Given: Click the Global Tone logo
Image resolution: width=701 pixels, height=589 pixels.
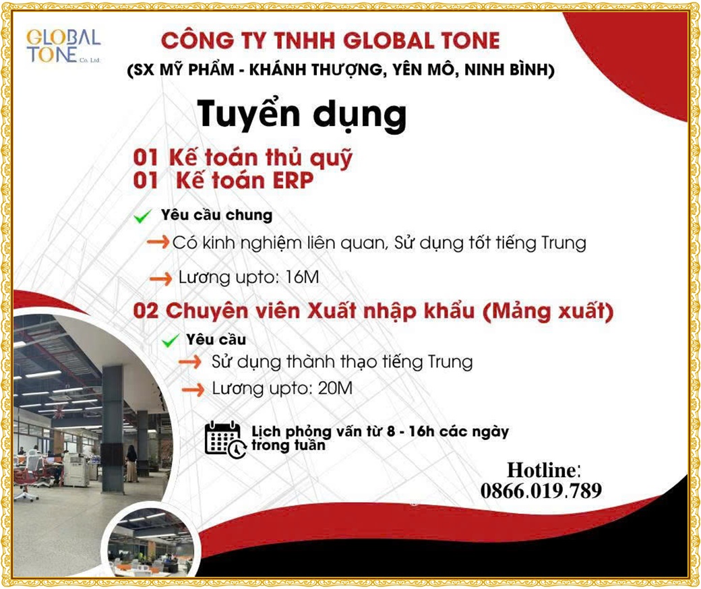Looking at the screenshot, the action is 63,46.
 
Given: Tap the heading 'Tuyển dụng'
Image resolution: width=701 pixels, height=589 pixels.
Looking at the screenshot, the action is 302,115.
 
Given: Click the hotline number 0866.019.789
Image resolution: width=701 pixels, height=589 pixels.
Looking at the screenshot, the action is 541,491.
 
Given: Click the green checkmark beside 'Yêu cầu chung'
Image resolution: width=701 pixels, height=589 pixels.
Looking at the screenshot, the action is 143,217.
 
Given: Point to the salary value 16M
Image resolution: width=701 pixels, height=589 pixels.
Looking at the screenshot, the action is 302,277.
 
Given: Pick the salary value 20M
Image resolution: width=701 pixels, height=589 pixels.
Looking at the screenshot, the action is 335,388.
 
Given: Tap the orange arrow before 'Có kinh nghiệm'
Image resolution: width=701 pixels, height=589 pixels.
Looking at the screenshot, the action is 158,242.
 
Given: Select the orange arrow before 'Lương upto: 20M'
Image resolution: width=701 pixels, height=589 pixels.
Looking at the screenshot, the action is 193,390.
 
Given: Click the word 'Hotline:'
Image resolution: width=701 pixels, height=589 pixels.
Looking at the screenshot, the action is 544,470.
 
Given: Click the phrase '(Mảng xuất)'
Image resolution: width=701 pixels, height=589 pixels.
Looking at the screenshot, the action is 548,311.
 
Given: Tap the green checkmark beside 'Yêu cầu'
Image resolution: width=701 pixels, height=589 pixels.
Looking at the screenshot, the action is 171,342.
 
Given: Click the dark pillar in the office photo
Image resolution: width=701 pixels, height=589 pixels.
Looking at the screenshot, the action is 113,429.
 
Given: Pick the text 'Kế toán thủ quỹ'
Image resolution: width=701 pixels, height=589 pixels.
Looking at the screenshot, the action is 261,158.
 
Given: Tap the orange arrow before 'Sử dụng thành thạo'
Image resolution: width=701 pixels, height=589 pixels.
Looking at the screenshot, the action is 190,361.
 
